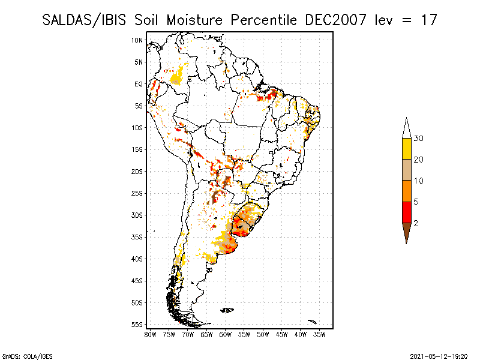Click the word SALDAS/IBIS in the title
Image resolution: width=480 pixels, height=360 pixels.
pos(80,20)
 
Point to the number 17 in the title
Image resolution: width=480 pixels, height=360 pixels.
pos(428,20)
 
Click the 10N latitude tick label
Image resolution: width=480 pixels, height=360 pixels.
pos(137,40)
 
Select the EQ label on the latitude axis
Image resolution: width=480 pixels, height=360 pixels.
pos(139,84)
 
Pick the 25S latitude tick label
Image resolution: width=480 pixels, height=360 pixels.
pos(137,193)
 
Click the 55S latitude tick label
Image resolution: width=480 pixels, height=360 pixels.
pos(137,324)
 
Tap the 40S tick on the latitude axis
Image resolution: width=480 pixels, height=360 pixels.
pos(137,259)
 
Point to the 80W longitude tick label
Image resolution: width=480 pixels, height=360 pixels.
pos(150,334)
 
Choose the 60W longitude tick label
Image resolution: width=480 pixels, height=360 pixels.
pos(226,334)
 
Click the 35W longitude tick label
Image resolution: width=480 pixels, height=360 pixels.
pos(320,334)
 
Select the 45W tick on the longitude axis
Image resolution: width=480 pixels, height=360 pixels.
pos(282,334)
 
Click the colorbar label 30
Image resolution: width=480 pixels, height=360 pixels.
pos(419,139)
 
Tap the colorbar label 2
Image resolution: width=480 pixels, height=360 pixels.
pos(416,223)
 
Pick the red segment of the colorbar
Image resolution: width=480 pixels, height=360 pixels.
pos(406,212)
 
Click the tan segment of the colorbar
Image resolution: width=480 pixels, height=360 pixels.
pos(406,170)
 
